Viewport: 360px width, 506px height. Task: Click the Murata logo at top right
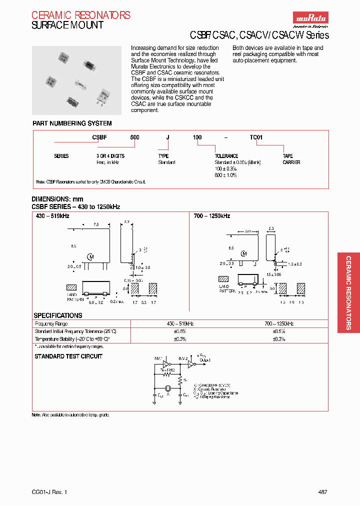[x=311, y=18]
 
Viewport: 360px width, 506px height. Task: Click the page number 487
[x=322, y=492]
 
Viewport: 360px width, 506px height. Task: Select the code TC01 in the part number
[x=256, y=137]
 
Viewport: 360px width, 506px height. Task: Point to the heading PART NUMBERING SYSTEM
[x=72, y=123]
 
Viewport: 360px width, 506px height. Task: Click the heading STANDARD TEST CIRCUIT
[x=68, y=356]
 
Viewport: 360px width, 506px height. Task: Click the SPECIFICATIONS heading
[x=57, y=315]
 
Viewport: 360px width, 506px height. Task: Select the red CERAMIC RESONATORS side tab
[x=348, y=292]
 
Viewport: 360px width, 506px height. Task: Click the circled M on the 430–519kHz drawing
[x=90, y=256]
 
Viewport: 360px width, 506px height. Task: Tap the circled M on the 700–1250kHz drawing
[x=243, y=253]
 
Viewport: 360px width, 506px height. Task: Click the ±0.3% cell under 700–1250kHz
[x=278, y=339]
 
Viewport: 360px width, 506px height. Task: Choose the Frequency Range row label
[x=51, y=324]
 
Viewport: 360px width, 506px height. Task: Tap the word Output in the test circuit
[x=204, y=360]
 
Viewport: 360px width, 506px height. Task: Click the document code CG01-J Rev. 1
[x=49, y=492]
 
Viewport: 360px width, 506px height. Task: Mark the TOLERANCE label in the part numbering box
[x=226, y=156]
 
